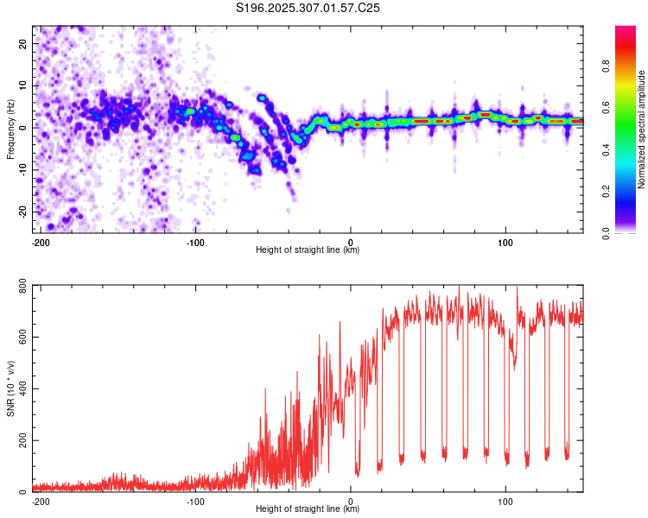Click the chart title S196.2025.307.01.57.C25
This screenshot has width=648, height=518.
[x=308, y=8]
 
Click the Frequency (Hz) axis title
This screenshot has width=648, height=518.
[x=10, y=129]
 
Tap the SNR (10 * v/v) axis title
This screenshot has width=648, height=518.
[x=10, y=388]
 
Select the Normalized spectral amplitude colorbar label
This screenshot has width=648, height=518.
[x=641, y=129]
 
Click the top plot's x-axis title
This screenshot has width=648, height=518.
[x=308, y=250]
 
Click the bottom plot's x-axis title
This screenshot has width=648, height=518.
[x=308, y=509]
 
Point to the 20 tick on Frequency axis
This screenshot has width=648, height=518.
[x=22, y=43]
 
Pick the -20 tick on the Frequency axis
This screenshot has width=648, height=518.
[x=22, y=212]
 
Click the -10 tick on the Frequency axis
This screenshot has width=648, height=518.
[x=22, y=170]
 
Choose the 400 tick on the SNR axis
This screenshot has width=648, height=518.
[x=22, y=388]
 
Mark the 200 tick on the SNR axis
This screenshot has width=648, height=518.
[x=22, y=440]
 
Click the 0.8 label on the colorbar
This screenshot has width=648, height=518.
[x=606, y=66]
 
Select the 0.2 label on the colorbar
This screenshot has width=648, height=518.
[x=606, y=192]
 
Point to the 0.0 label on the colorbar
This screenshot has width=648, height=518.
[x=606, y=233]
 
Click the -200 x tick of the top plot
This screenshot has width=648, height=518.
[x=41, y=243]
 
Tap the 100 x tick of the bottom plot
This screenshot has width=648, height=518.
[x=505, y=502]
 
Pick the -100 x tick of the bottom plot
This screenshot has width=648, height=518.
[x=195, y=502]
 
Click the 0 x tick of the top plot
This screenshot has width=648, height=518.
[x=351, y=243]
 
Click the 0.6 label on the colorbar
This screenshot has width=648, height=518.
[x=606, y=108]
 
